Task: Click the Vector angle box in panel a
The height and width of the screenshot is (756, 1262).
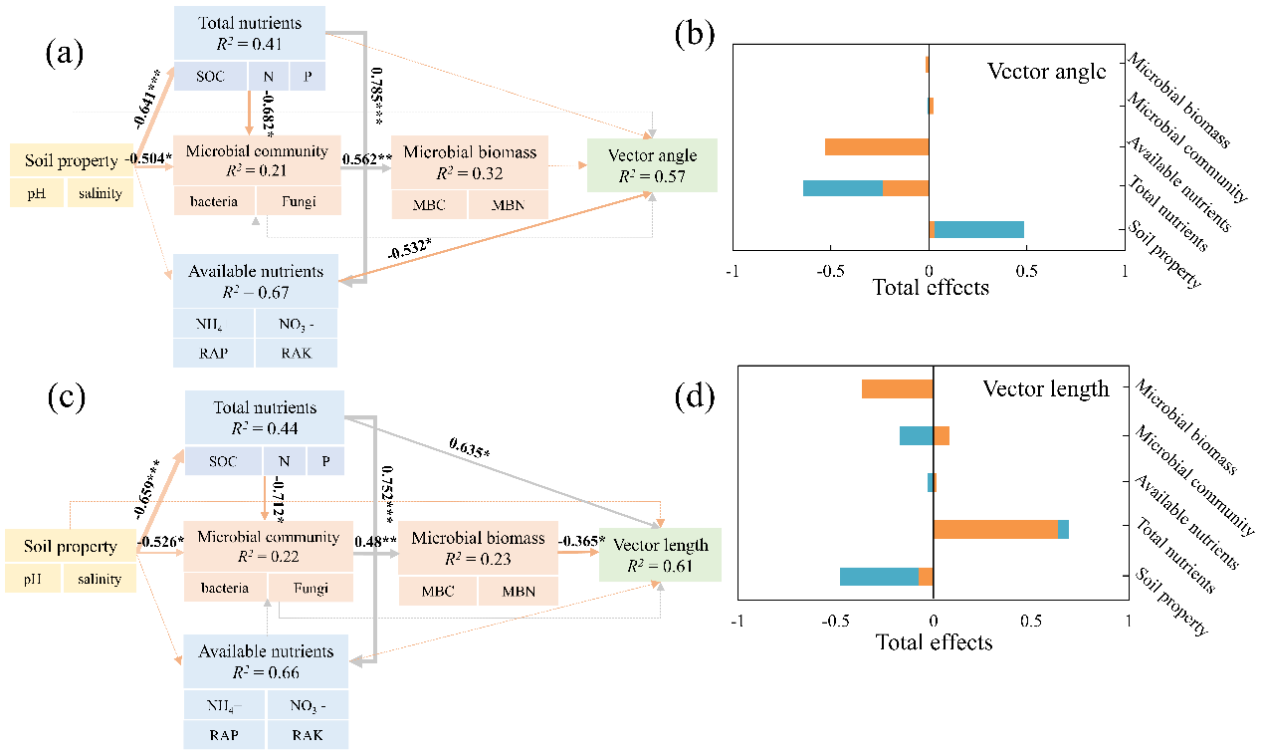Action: [652, 164]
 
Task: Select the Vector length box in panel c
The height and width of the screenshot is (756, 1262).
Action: [660, 555]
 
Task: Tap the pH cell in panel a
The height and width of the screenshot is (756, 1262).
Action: [38, 193]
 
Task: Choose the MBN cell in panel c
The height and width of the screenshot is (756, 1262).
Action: [518, 591]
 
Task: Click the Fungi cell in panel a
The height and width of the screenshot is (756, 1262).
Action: [299, 201]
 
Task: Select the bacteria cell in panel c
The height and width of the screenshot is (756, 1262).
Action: [225, 588]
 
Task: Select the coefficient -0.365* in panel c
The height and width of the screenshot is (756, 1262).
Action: [581, 541]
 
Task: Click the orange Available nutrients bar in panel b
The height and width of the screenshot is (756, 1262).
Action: [877, 146]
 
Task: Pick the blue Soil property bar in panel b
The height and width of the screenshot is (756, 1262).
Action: [979, 229]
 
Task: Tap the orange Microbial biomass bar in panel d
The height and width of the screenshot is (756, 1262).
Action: [897, 389]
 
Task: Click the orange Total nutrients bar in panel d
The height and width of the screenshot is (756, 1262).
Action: [995, 530]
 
